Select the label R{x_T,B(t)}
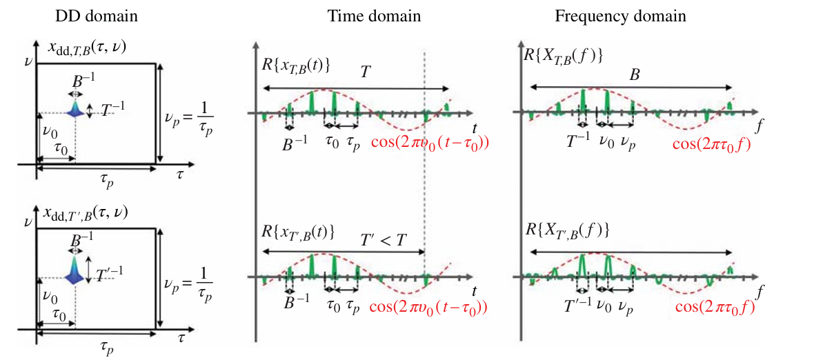coord(295,66)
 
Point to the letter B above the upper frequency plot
coord(634,75)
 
